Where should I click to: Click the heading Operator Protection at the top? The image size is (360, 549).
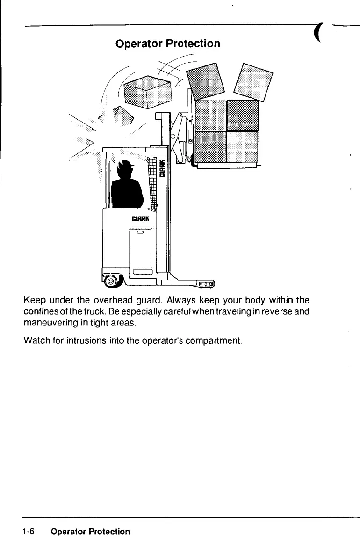(x=167, y=43)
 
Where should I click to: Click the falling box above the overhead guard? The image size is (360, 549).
(x=146, y=91)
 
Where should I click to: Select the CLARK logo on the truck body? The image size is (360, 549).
(x=140, y=218)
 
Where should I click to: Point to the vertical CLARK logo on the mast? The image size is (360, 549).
(x=162, y=168)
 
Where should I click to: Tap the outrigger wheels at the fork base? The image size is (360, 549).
(x=206, y=284)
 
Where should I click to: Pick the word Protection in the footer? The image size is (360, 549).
(x=111, y=531)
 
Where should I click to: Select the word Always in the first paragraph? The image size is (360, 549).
(x=167, y=300)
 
